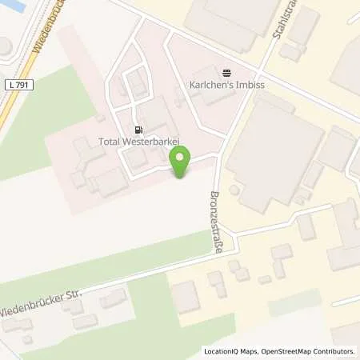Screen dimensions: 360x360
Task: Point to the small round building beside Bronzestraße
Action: [234, 190]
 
